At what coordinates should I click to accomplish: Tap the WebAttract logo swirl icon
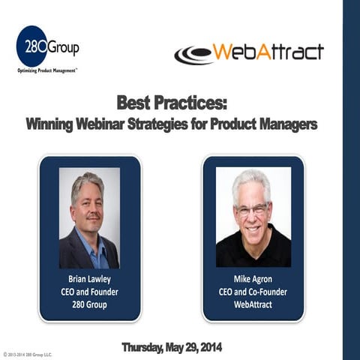tap(193, 55)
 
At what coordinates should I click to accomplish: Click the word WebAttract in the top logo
tap(268, 52)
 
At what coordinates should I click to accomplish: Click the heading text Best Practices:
tap(176, 101)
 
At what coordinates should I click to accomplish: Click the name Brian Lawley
tap(89, 277)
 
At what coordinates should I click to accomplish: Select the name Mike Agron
tap(253, 277)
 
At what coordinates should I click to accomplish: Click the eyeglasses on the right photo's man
tap(251, 210)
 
